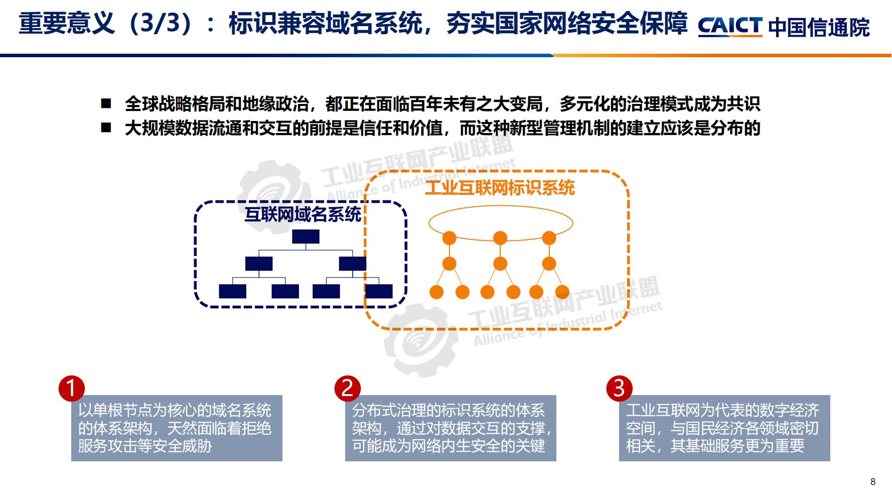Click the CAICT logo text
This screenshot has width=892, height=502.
[x=730, y=26]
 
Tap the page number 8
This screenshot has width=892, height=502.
[x=873, y=481]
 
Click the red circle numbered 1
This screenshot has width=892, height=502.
[x=71, y=389]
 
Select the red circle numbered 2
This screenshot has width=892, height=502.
[x=348, y=389]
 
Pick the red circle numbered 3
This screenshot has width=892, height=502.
[x=619, y=389]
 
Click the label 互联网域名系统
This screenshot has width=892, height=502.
[x=303, y=214]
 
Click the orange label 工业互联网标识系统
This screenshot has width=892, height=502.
[x=500, y=188]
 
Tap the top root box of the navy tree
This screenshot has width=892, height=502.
[x=306, y=236]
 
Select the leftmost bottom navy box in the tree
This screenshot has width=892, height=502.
[x=232, y=291]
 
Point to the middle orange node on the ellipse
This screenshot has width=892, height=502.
[x=500, y=237]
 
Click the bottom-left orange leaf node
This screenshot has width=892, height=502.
[x=436, y=292]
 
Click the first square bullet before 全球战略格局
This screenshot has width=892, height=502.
[x=106, y=104]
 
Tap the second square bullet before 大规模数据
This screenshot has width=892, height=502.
[x=106, y=128]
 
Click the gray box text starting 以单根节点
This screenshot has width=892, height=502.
[x=176, y=428]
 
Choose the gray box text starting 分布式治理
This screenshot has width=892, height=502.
[x=450, y=428]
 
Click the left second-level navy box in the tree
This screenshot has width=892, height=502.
[x=259, y=264]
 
